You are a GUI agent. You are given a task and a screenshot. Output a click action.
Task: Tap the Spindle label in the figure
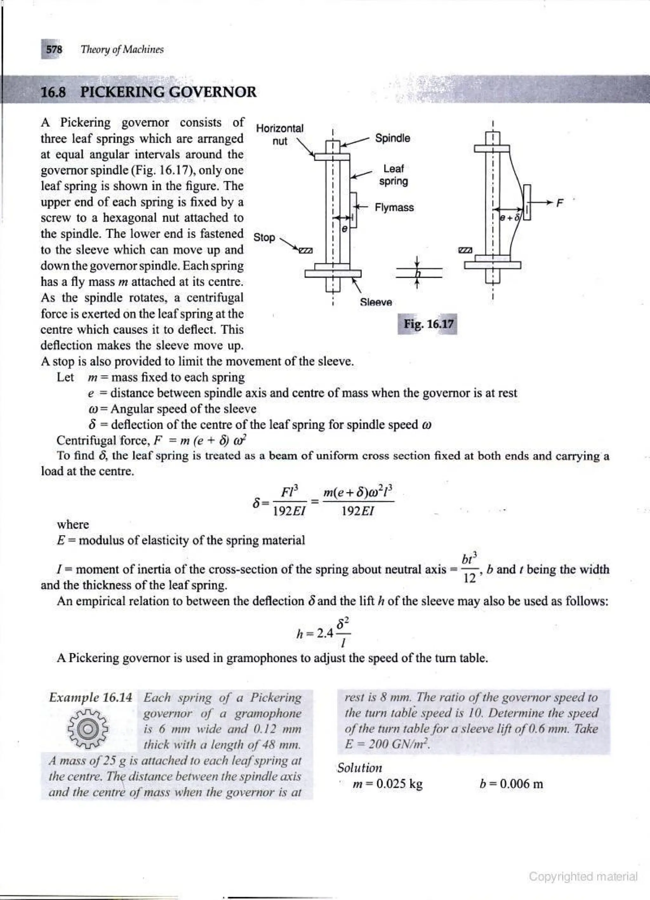pos(393,138)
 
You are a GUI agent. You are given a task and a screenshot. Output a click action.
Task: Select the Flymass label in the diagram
pos(394,208)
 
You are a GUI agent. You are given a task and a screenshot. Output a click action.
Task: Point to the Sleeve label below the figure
pos(376,302)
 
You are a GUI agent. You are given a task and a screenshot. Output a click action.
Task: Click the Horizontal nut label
pos(280,134)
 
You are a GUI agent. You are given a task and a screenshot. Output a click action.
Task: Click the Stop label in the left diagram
pos(264,237)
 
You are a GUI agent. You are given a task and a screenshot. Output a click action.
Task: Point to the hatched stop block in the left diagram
pos(306,251)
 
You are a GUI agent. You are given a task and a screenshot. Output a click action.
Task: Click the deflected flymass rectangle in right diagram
pos(527,202)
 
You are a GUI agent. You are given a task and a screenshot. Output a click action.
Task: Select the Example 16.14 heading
pos(90,697)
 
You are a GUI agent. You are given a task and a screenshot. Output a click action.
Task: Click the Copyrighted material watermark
pos(583,876)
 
